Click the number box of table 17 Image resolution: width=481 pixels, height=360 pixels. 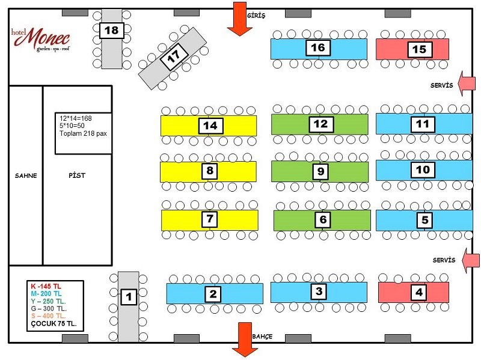tap(174, 56)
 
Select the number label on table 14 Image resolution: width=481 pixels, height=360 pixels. tap(210, 126)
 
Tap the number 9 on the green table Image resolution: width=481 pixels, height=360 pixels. tap(320, 171)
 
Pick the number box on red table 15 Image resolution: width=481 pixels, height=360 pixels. tap(420, 49)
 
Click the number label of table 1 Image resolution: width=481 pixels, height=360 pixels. tap(129, 297)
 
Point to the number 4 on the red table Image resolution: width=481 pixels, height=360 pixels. tap(419, 292)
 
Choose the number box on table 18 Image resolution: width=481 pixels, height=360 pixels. tap(112, 31)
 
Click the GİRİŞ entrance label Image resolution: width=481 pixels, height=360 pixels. tap(256, 16)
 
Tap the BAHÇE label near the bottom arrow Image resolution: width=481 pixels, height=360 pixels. tap(262, 337)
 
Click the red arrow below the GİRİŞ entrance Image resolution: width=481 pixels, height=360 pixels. tap(239, 19)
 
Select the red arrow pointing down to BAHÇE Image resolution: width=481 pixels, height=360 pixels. tap(245, 340)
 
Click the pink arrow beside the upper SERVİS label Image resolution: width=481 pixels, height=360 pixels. tap(467, 84)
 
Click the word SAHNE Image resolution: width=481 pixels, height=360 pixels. tap(26, 175)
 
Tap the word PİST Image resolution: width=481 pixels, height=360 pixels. tap(77, 175)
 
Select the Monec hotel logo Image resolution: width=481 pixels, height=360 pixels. tap(41, 40)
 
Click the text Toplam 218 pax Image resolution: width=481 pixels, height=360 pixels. tap(83, 133)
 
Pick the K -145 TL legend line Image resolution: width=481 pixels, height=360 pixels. tap(46, 286)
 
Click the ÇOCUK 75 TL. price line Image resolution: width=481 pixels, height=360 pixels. tap(54, 323)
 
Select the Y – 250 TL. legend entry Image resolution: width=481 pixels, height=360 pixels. tap(49, 301)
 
